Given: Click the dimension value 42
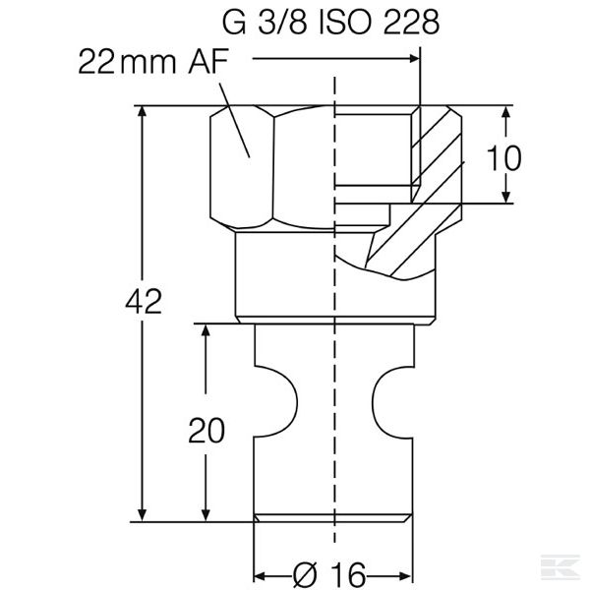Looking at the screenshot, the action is pyautogui.click(x=144, y=302).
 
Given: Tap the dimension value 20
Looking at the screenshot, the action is pyautogui.click(x=206, y=430).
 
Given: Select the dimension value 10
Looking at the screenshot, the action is pyautogui.click(x=503, y=158).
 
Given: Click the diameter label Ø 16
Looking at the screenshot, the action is pyautogui.click(x=329, y=575).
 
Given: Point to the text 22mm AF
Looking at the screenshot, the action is pyautogui.click(x=153, y=61).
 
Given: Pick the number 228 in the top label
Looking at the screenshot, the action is pyautogui.click(x=411, y=23).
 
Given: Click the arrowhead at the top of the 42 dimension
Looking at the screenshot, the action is pyautogui.click(x=142, y=111).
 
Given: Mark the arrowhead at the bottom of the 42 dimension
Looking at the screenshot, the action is pyautogui.click(x=142, y=516).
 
